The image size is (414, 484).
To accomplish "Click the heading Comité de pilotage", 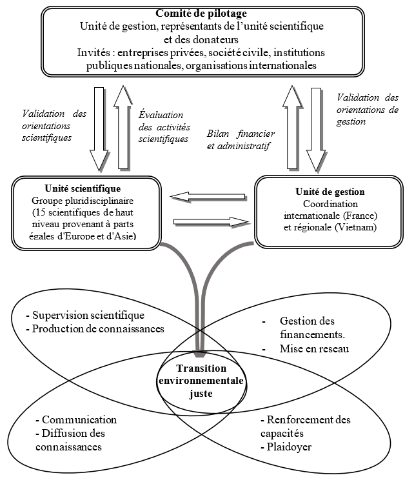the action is point(201,14).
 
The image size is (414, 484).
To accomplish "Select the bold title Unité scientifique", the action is point(83,188).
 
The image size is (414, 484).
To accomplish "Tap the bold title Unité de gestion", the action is point(330,192).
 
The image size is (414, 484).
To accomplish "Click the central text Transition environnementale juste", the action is point(201,381).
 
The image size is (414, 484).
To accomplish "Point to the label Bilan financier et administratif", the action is point(241,139).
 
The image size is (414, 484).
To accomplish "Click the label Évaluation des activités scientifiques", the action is point(164,127).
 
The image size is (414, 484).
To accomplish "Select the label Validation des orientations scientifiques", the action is point(54,126).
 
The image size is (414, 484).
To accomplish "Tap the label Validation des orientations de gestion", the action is point(368,110).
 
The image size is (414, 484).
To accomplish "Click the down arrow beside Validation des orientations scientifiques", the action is point(99,129).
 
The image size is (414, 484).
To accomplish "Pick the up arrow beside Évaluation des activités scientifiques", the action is point(123,127).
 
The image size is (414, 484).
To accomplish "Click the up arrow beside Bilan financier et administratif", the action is point(292,127).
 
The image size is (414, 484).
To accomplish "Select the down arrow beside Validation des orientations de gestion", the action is point(316,130).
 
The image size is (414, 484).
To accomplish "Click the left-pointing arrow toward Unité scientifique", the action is point(208,197).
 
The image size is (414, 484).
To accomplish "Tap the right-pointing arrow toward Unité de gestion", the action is point(212,221).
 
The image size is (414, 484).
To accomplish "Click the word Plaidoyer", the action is point(290,447).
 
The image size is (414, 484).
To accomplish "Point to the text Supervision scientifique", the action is point(88,315).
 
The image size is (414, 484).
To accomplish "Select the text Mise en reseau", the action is point(314,348).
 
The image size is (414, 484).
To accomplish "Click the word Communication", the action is point(79,420).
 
